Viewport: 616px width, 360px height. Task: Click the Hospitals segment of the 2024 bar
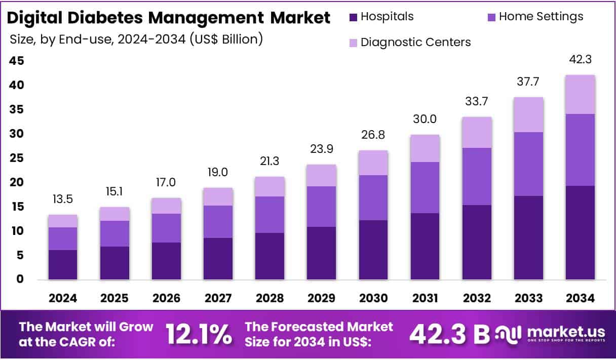[x=63, y=264]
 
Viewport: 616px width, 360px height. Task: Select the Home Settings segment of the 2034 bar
[x=580, y=150]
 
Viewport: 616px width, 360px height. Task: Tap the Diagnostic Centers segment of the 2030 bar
[x=373, y=163]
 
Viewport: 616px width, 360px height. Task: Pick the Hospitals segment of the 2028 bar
[x=270, y=256]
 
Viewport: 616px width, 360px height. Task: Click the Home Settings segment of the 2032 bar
[x=477, y=176]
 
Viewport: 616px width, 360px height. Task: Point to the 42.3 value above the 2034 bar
[x=581, y=60]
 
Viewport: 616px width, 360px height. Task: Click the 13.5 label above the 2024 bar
[x=63, y=199]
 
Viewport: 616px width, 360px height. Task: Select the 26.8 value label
[x=373, y=136]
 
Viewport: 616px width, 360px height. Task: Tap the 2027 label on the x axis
[x=218, y=298]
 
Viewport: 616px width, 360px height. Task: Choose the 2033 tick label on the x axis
[x=528, y=298]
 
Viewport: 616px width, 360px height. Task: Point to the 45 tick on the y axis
[x=17, y=61]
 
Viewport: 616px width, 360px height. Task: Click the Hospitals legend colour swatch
[x=354, y=17]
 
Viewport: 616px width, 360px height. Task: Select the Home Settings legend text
[x=541, y=17]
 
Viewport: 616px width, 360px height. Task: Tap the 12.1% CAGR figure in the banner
[x=199, y=334]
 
